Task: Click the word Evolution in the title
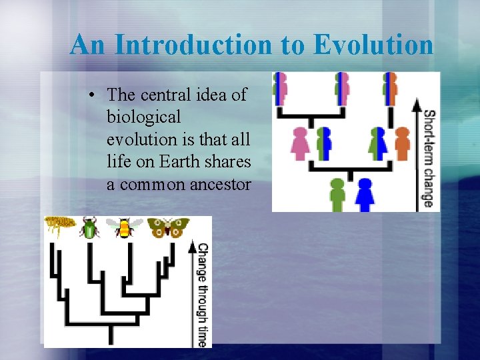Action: (373, 45)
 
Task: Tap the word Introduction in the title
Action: (193, 45)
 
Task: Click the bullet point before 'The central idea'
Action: (93, 95)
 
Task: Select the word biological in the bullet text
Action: (143, 117)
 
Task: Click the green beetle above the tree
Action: (89, 228)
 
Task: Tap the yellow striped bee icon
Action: (124, 228)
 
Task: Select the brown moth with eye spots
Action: (167, 227)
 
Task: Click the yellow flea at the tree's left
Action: (57, 227)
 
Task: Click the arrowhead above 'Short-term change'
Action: (417, 103)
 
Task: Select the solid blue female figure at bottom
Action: (364, 194)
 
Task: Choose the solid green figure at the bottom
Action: (338, 194)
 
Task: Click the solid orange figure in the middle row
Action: (402, 143)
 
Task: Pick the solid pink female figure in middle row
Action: (301, 143)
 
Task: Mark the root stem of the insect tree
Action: (111, 333)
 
